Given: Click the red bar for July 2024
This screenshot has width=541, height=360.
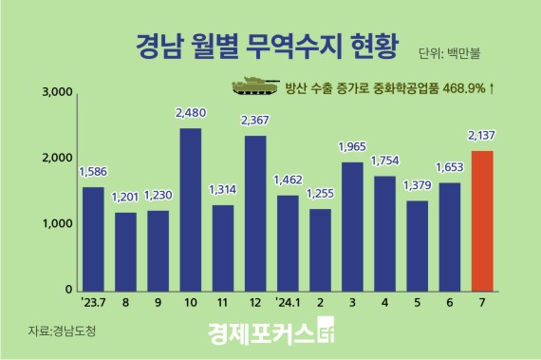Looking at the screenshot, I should pyautogui.click(x=481, y=220).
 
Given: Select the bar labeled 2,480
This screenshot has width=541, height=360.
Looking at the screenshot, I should pyautogui.click(x=190, y=209).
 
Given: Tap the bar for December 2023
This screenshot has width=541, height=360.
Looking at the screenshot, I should pyautogui.click(x=254, y=213).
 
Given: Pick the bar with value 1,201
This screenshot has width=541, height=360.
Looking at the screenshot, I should pyautogui.click(x=125, y=251).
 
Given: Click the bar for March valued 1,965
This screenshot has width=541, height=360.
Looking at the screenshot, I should pyautogui.click(x=352, y=226).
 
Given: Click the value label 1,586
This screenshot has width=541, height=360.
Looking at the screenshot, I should pyautogui.click(x=93, y=173).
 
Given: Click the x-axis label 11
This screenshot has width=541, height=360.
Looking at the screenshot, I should pyautogui.click(x=222, y=305).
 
